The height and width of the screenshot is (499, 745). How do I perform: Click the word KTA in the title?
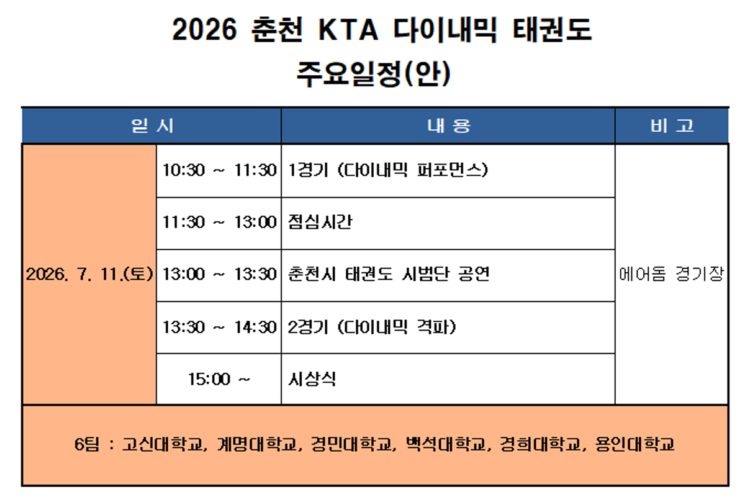[348, 30]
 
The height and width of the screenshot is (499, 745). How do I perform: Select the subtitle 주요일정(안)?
[374, 73]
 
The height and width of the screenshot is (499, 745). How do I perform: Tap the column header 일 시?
[152, 126]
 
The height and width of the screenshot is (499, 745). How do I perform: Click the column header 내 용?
[449, 126]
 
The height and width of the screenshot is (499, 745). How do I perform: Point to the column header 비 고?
[672, 126]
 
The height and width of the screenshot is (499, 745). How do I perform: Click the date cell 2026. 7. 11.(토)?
[89, 274]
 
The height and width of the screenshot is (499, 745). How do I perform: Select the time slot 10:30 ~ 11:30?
[220, 170]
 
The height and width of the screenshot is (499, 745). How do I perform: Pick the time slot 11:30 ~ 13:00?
[220, 222]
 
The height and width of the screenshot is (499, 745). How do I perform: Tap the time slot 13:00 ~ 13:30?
[220, 274]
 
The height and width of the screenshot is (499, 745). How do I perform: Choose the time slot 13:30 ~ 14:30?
[220, 327]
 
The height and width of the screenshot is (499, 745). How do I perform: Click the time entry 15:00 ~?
[219, 379]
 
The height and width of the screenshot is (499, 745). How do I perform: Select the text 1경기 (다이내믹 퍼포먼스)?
[388, 170]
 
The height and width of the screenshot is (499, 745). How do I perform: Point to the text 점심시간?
[320, 222]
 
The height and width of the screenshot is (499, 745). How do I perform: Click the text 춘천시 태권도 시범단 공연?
[389, 274]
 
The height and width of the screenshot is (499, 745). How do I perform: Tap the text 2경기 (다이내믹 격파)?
[372, 327]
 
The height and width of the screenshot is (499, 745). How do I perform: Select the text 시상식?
[312, 379]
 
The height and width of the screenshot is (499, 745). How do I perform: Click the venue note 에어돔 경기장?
[672, 274]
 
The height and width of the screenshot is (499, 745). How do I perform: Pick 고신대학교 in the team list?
[163, 444]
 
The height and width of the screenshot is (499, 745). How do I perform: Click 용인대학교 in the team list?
[634, 444]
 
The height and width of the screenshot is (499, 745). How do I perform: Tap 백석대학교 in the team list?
[446, 444]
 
